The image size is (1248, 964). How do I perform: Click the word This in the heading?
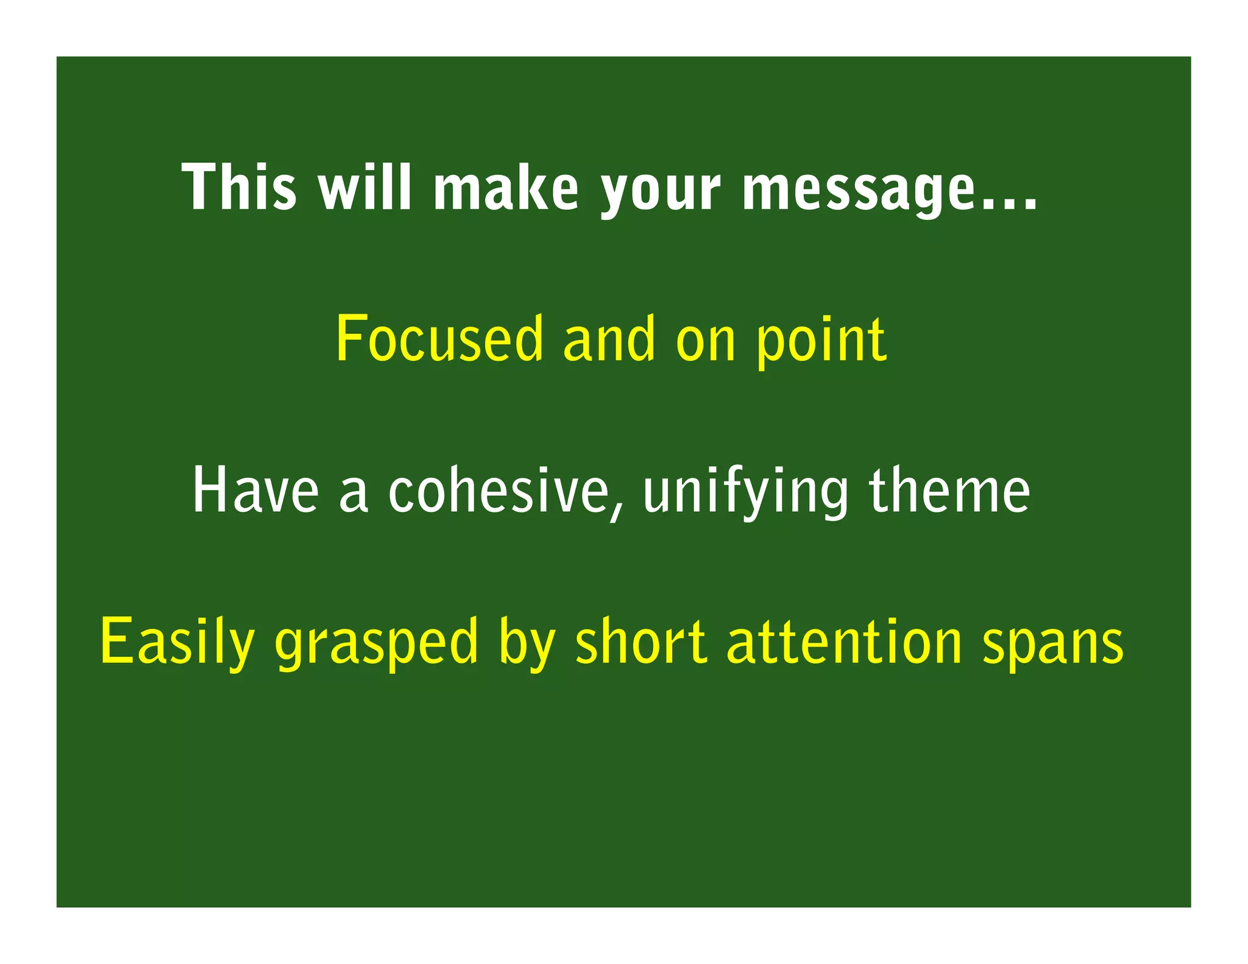[x=239, y=188]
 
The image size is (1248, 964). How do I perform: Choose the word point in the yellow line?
[x=821, y=341]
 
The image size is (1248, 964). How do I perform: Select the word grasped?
[x=377, y=645]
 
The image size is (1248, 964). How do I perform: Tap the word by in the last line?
[x=526, y=645]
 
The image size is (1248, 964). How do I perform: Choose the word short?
[x=640, y=641]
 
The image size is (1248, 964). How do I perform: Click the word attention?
[x=844, y=641]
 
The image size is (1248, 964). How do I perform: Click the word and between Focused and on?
[x=609, y=339]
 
